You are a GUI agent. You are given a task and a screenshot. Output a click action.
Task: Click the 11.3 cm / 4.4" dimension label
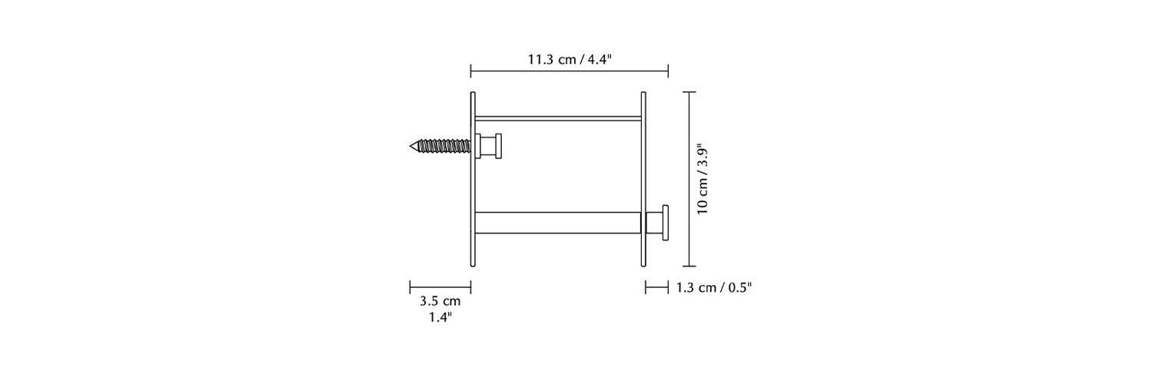(570, 59)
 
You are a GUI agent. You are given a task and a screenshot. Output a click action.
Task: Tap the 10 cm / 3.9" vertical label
(703, 180)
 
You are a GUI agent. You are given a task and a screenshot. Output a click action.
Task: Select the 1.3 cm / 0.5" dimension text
(714, 287)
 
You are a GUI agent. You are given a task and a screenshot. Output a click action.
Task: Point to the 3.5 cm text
(440, 301)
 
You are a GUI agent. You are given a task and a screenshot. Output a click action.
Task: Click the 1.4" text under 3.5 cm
(440, 317)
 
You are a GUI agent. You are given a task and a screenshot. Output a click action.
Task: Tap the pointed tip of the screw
(410, 147)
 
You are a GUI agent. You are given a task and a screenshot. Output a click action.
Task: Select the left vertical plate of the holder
(473, 180)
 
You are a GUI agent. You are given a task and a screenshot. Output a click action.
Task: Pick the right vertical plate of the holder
(643, 180)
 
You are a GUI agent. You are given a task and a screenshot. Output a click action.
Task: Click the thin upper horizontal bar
(559, 119)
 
